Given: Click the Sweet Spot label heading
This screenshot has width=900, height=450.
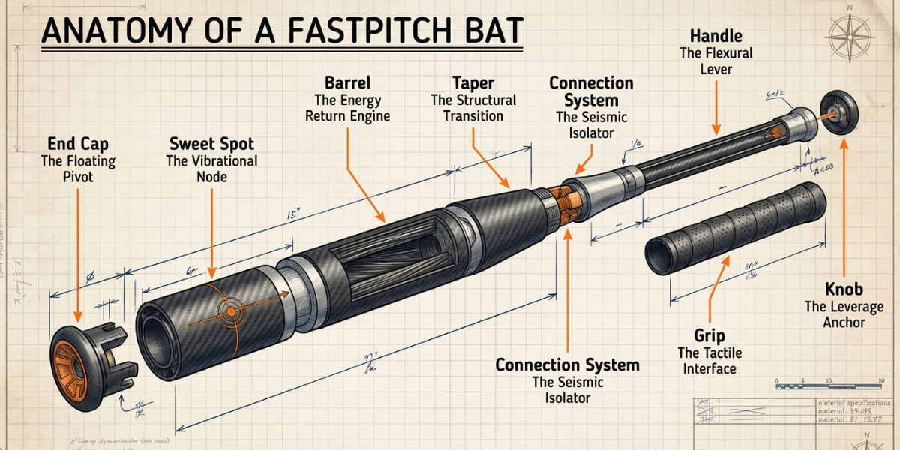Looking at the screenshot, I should click(x=211, y=144).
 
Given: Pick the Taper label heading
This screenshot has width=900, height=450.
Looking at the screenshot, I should click(x=473, y=82).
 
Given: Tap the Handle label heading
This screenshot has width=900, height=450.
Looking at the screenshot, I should click(x=715, y=35).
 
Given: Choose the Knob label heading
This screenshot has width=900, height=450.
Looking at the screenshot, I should click(x=844, y=289).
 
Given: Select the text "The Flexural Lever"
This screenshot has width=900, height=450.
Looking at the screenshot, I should click(x=715, y=61).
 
